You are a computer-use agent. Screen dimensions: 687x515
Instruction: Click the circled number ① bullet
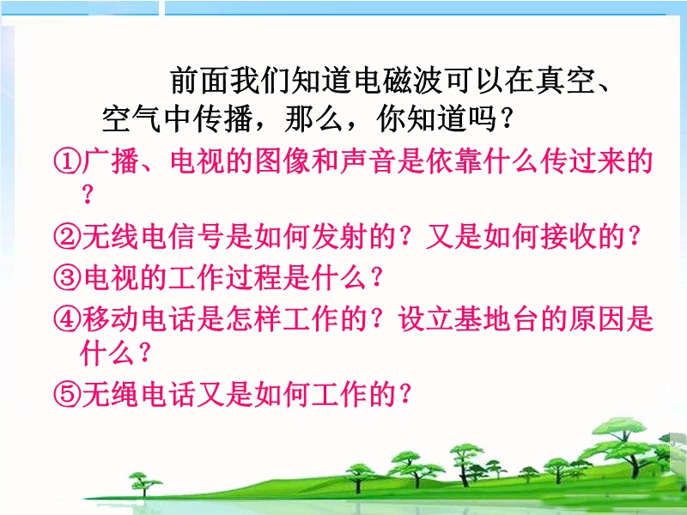click(67, 161)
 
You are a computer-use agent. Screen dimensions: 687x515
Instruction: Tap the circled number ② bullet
click(67, 237)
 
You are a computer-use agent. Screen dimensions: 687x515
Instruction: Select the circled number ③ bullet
click(67, 277)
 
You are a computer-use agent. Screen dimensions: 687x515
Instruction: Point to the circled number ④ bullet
click(67, 318)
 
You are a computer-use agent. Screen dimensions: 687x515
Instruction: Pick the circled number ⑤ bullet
click(67, 394)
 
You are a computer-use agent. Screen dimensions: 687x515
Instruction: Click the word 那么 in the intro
click(313, 118)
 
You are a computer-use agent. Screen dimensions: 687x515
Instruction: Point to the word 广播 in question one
click(111, 161)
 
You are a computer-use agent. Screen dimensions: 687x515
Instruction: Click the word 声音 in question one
click(368, 161)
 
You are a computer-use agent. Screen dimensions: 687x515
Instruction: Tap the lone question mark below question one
click(88, 195)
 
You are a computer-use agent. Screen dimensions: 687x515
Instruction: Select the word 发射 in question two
click(340, 237)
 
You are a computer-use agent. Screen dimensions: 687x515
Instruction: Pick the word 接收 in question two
click(568, 237)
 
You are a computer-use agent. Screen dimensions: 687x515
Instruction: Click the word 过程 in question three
click(254, 277)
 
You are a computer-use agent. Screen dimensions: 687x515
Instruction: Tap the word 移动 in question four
click(111, 318)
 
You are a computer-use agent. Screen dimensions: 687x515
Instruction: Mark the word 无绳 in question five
click(111, 394)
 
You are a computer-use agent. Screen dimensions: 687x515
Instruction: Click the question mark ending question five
click(405, 394)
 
